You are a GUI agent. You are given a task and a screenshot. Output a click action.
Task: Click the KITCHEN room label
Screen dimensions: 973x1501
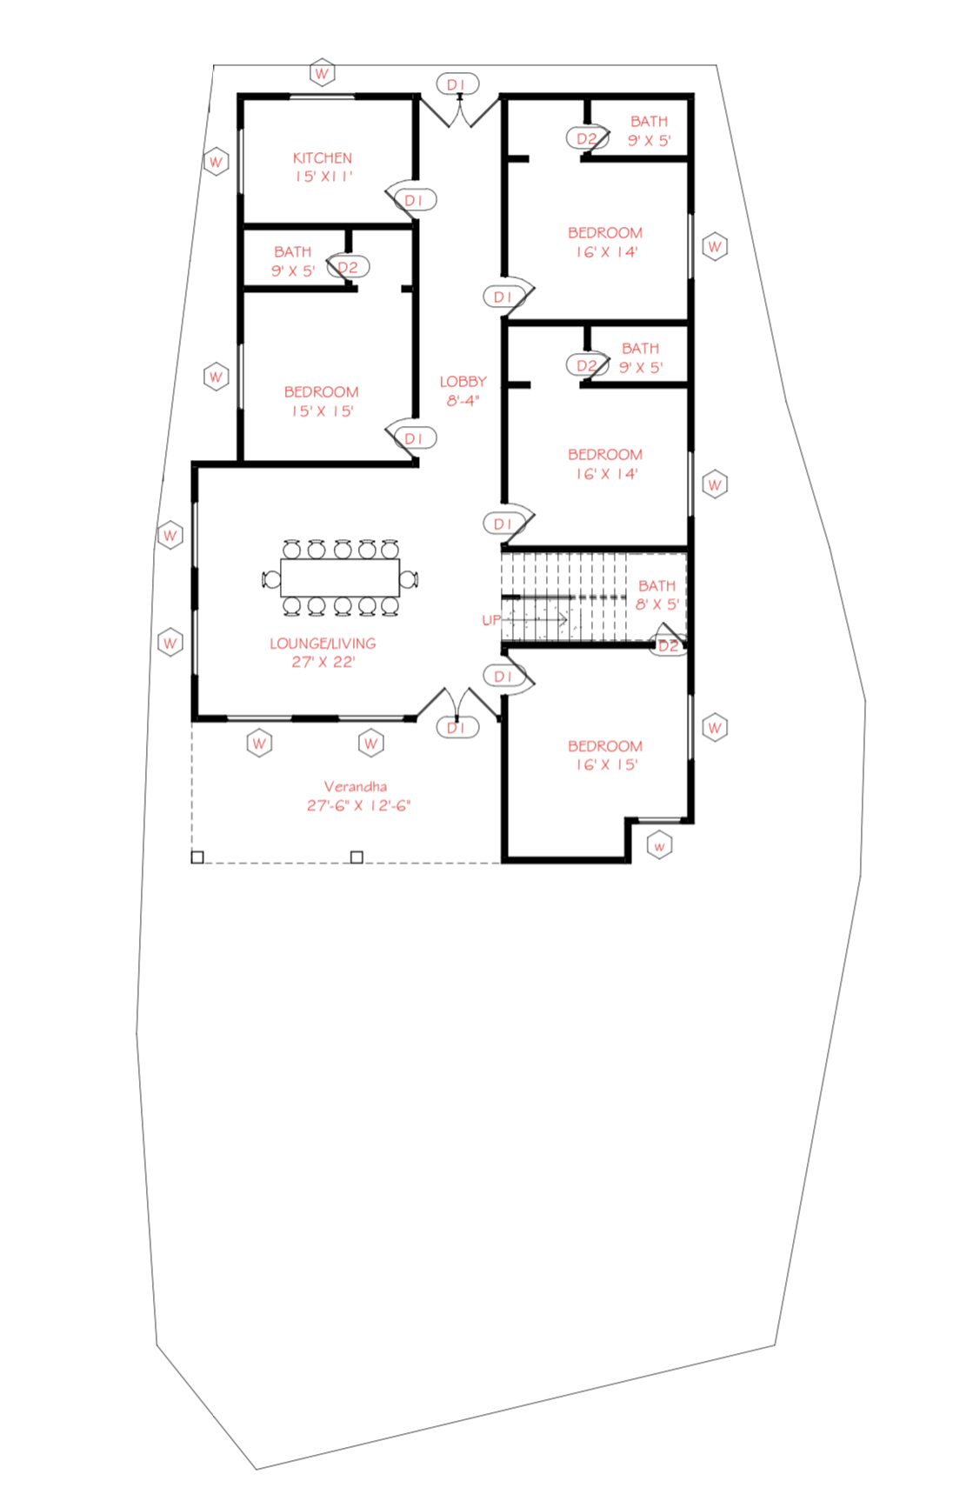(323, 158)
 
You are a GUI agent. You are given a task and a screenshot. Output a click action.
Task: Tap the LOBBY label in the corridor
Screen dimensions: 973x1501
(463, 382)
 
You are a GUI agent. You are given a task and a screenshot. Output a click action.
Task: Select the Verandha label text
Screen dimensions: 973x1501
(356, 786)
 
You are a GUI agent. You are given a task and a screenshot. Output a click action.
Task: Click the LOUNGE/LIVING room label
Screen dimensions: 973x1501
(323, 644)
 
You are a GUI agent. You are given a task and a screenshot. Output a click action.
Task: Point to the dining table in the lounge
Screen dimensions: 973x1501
(340, 577)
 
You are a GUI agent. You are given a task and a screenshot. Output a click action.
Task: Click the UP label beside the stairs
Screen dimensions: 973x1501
(491, 620)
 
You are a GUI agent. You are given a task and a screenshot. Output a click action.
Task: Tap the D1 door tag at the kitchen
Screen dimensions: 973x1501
(415, 200)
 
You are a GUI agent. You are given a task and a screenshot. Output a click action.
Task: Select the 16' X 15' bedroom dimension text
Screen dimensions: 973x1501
(606, 765)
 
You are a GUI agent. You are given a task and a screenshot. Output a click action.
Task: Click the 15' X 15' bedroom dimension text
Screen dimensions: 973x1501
(322, 411)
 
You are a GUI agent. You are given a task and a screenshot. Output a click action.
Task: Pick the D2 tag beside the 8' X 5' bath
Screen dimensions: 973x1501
(668, 646)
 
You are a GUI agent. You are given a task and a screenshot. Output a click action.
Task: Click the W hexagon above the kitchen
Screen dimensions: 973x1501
(323, 73)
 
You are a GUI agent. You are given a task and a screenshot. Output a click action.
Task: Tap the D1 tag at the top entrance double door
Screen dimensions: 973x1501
(457, 84)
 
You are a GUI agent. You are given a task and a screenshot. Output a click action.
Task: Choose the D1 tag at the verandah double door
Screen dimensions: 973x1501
(457, 728)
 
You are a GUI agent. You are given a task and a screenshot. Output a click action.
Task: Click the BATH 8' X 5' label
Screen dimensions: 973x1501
(656, 595)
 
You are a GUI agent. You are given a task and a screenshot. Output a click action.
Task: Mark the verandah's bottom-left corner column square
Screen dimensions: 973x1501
(197, 857)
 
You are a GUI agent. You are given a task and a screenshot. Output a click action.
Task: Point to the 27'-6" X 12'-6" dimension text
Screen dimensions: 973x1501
(358, 805)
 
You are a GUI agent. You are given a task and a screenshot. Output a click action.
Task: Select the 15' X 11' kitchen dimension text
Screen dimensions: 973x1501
(323, 177)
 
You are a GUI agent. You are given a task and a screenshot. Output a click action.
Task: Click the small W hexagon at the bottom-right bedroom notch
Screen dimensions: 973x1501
(660, 846)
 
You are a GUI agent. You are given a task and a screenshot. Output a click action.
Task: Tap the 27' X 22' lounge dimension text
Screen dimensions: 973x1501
(323, 662)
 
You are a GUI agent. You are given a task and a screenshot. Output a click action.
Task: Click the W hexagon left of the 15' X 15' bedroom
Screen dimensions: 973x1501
(216, 377)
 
